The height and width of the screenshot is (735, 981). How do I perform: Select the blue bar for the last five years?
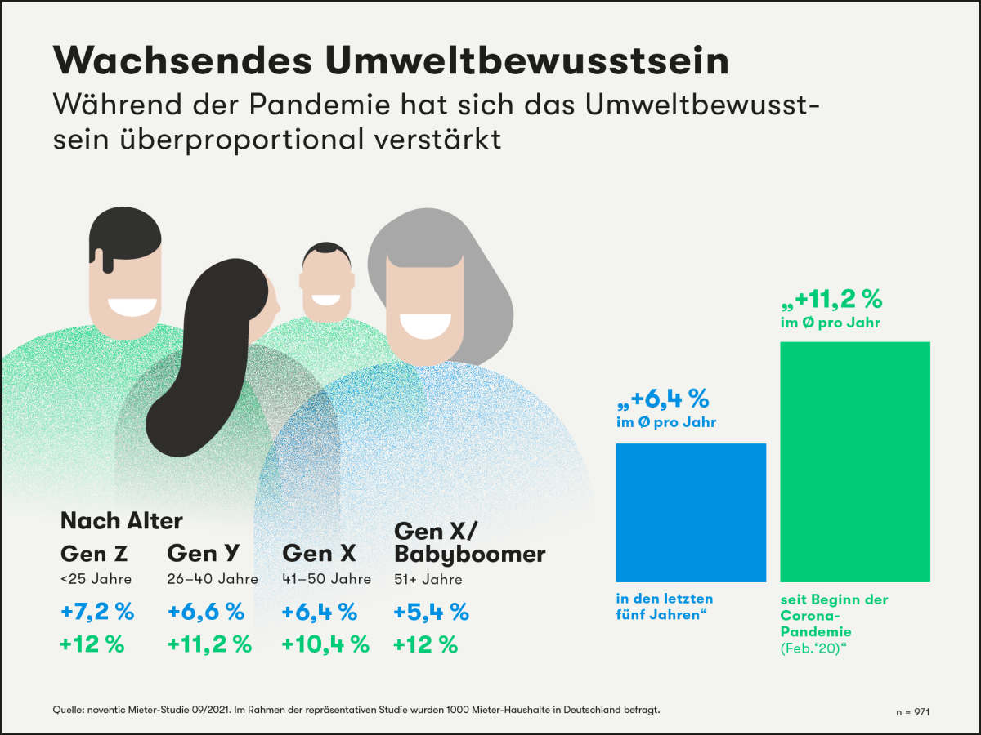(691, 512)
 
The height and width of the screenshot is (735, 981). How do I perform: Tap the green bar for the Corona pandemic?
(855, 461)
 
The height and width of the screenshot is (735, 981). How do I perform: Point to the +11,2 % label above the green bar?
(831, 299)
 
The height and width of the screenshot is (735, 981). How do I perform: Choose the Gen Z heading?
(95, 554)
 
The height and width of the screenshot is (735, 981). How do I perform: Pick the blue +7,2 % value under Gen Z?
(97, 611)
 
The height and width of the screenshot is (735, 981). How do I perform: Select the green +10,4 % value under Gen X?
(325, 644)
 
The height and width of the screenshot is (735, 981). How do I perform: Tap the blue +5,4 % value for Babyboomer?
(431, 611)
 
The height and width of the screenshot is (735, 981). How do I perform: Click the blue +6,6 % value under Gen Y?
(206, 611)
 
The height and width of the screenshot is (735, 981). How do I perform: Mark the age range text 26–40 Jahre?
(213, 580)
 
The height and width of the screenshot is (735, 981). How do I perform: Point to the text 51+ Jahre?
(428, 580)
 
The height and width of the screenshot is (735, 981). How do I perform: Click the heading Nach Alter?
(122, 520)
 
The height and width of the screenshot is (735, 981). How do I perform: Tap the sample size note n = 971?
(912, 712)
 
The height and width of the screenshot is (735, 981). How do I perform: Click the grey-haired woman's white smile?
(423, 325)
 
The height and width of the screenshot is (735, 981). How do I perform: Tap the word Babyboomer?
(470, 554)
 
